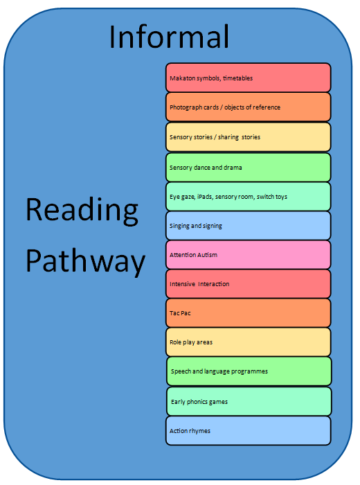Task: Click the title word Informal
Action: (x=169, y=37)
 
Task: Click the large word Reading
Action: (x=82, y=211)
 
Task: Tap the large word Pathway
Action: (x=86, y=261)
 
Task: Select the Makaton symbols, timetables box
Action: (x=248, y=78)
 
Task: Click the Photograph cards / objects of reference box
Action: (x=248, y=107)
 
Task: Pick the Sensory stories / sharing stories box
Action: (x=248, y=136)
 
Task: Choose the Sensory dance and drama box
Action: (x=248, y=168)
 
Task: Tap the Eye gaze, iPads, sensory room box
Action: (x=248, y=196)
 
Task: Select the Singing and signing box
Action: (x=248, y=225)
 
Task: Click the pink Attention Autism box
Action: (x=248, y=254)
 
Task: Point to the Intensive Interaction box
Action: (x=248, y=283)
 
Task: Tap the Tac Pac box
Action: (x=248, y=312)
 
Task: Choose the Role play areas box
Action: (x=248, y=342)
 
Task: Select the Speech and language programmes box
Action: (x=249, y=371)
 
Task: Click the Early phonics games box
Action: (x=249, y=401)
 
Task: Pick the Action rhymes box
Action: (x=248, y=430)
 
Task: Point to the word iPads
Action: (x=205, y=197)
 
